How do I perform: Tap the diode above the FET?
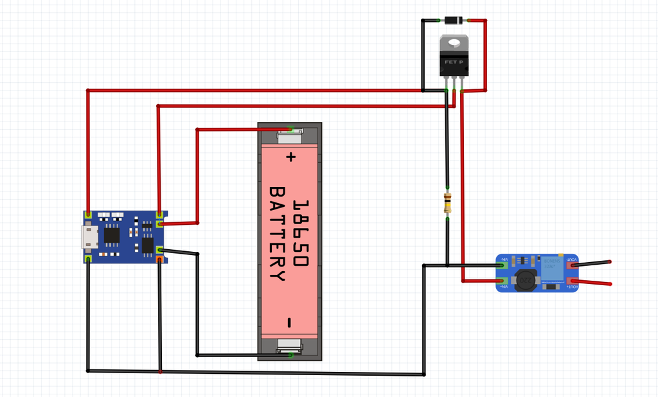click(454, 21)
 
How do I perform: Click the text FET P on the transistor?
click(454, 62)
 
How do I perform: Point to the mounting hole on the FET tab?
click(454, 43)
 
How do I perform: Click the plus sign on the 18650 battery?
click(291, 156)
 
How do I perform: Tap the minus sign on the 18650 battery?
click(290, 322)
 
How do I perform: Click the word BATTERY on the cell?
click(277, 234)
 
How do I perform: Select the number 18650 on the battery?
click(300, 234)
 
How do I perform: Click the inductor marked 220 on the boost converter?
click(524, 280)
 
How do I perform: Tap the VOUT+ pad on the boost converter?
click(571, 281)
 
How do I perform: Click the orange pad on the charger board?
click(159, 260)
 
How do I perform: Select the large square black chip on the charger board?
click(112, 236)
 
